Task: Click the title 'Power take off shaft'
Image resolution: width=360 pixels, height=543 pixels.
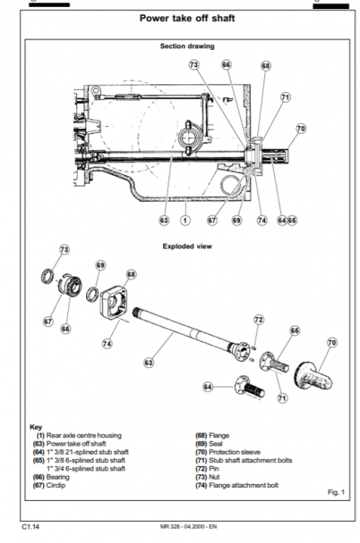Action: coord(187,18)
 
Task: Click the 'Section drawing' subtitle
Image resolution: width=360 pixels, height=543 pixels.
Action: coord(187,46)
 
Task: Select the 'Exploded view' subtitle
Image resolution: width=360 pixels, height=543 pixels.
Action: coord(187,246)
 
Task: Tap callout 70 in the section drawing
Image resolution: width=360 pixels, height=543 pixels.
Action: coord(300,128)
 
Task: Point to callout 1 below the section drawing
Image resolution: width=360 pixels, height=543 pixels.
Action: coord(185,220)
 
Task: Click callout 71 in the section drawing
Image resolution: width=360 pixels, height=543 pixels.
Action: coord(285,97)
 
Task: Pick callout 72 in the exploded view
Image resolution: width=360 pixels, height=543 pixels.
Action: coord(258,319)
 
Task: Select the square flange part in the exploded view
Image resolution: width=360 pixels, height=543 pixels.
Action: coord(114,302)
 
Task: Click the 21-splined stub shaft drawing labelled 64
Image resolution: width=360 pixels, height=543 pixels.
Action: coord(250,386)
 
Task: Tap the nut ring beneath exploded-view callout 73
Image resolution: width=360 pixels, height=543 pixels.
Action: coord(48,276)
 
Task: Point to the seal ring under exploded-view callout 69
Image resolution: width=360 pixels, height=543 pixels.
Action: coord(93,294)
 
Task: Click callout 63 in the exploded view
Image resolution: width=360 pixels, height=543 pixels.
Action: coord(148,363)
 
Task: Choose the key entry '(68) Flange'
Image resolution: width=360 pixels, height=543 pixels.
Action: coord(212,435)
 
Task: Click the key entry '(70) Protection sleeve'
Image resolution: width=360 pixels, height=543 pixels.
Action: coord(228,452)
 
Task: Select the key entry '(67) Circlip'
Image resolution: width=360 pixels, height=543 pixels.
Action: coord(49,485)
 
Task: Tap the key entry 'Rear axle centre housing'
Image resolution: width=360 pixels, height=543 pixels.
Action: coord(84,435)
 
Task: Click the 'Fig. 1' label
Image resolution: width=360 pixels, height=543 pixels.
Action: coord(336,492)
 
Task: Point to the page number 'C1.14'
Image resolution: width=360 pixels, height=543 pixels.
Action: coord(30,526)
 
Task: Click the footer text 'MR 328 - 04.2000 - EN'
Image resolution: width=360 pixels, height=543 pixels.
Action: coord(189,526)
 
